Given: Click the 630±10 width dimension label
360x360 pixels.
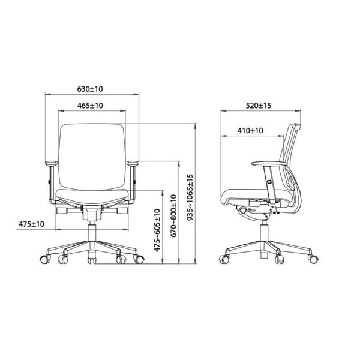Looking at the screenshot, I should [x=91, y=89].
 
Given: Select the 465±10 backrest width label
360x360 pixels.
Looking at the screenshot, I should [x=91, y=106].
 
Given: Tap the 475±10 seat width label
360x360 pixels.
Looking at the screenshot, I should [x=32, y=224].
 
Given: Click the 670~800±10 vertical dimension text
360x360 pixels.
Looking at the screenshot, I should [x=173, y=214].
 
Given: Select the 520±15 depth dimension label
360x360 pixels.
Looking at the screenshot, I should [x=259, y=106].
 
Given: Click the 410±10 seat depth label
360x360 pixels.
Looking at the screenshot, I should [x=250, y=130].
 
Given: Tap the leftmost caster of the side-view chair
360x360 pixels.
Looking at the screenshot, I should [x=224, y=260].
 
